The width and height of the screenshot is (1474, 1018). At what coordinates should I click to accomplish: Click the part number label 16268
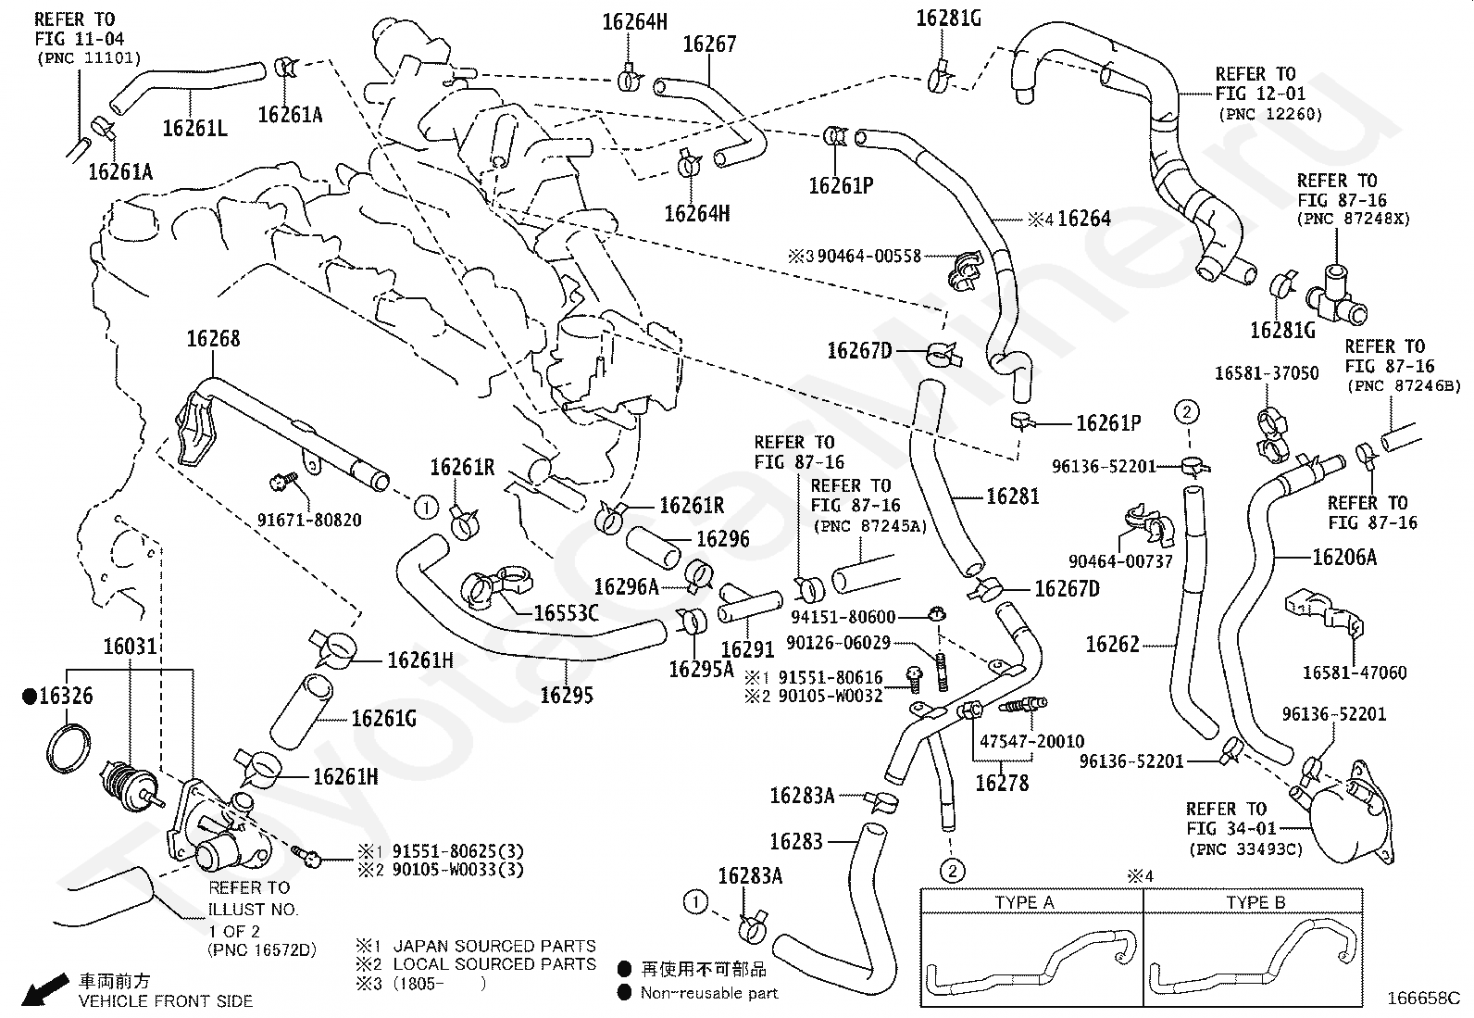click(213, 339)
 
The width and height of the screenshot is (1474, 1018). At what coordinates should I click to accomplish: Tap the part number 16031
click(130, 647)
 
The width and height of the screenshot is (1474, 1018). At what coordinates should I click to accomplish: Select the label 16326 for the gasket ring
click(66, 696)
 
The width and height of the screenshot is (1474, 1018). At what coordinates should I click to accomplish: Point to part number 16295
click(567, 695)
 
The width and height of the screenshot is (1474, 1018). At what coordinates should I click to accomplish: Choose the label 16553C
click(566, 612)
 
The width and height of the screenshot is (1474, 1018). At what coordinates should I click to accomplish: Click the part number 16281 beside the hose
click(1012, 496)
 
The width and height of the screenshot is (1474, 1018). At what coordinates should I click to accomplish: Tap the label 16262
click(1112, 644)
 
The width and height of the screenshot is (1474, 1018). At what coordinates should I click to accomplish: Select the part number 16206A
click(1344, 557)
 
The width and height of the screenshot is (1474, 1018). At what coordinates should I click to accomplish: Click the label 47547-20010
click(1031, 741)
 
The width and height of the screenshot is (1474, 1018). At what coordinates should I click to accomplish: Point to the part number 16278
click(1002, 783)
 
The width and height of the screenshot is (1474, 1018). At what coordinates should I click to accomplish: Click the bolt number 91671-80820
click(309, 520)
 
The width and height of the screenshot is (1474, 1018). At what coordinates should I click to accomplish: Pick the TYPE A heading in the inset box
click(1025, 902)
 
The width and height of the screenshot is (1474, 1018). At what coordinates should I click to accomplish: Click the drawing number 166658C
click(1422, 999)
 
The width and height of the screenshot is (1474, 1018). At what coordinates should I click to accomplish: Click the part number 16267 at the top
click(709, 44)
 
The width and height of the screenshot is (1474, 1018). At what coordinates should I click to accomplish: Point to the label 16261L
click(194, 127)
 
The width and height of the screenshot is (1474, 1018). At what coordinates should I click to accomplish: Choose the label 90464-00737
click(1120, 561)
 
